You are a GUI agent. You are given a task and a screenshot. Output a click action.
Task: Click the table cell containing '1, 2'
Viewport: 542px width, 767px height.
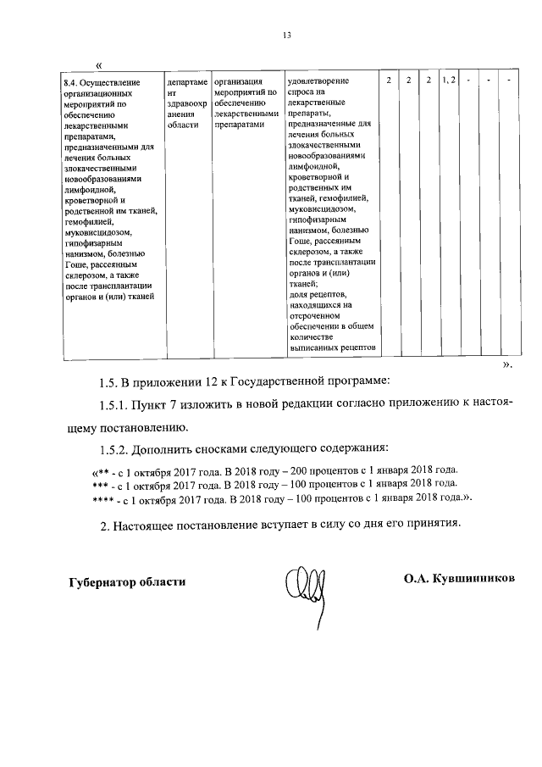click(x=449, y=80)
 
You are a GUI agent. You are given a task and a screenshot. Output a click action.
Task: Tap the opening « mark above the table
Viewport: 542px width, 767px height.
click(x=100, y=65)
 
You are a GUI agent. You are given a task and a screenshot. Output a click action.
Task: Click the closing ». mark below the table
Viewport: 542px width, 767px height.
click(x=506, y=364)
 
